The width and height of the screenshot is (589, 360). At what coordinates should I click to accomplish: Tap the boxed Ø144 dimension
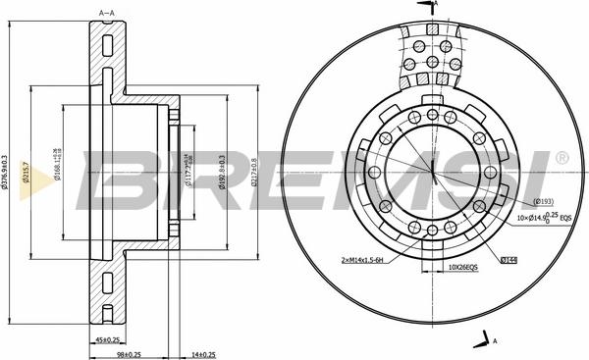(508, 260)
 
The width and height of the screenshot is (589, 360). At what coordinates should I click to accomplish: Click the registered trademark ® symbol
(561, 158)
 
